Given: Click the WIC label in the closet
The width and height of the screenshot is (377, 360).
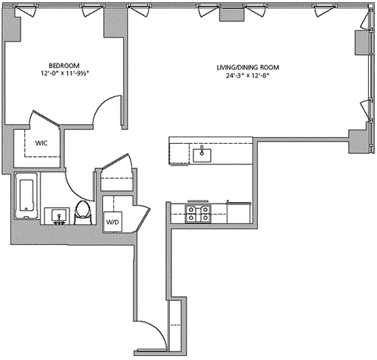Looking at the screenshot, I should pyautogui.click(x=41, y=143).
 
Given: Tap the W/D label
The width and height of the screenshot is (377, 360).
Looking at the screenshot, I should pyautogui.click(x=113, y=222).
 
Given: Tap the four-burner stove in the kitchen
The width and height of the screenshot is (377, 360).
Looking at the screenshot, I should pyautogui.click(x=198, y=214).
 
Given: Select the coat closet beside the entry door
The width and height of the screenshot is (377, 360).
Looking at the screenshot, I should pyautogui.click(x=176, y=325).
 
